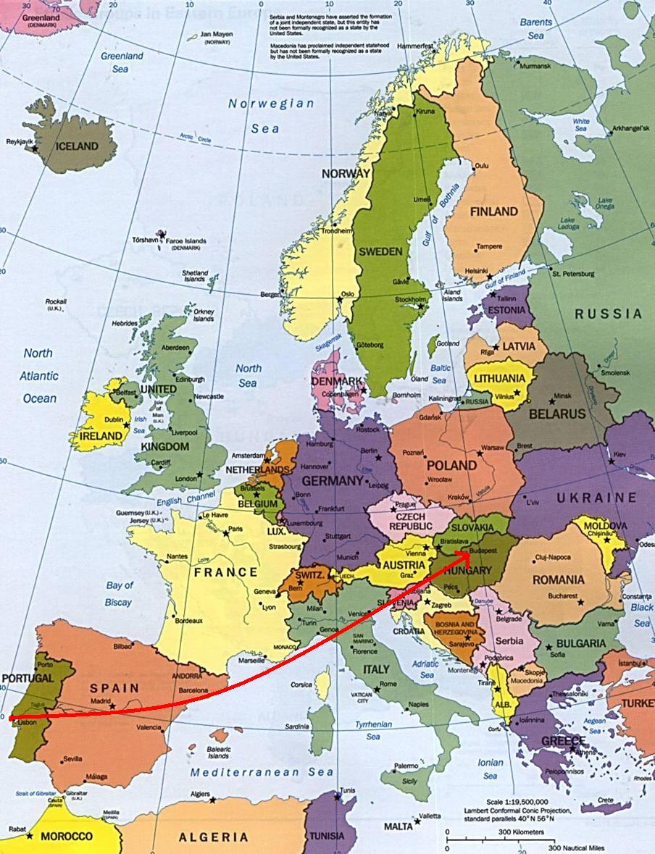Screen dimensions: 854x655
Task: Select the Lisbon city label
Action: pyautogui.click(x=27, y=722)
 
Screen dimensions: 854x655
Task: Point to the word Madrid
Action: pyautogui.click(x=101, y=701)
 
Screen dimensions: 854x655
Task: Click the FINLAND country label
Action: pyautogui.click(x=493, y=212)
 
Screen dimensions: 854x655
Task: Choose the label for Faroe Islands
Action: pyautogui.click(x=186, y=241)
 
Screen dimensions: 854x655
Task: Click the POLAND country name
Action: pyautogui.click(x=451, y=465)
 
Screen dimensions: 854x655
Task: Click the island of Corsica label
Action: pyautogui.click(x=301, y=685)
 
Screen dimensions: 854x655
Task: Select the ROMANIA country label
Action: pyautogui.click(x=558, y=579)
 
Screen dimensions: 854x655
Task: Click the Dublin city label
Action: pyautogui.click(x=114, y=419)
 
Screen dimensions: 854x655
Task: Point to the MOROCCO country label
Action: pyautogui.click(x=66, y=836)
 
